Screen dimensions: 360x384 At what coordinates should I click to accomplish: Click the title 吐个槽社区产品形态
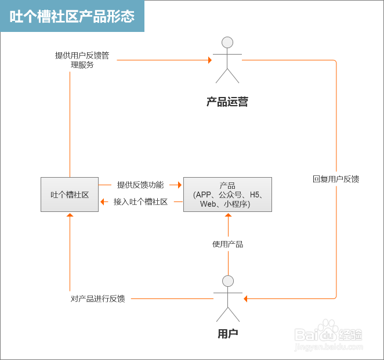(x=72, y=16)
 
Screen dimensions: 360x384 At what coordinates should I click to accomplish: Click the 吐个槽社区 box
(x=70, y=195)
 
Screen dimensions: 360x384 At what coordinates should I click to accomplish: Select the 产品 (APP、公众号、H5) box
(x=227, y=195)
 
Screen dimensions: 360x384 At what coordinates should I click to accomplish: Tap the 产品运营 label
(x=227, y=102)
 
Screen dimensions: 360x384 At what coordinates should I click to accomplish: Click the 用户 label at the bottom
(x=227, y=334)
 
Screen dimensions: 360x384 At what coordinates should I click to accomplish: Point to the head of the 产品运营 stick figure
(x=227, y=42)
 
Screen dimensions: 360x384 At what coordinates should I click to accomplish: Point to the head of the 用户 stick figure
(x=227, y=281)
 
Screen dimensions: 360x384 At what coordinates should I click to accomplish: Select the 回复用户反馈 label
(x=336, y=179)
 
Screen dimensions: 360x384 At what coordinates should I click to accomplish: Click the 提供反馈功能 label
(x=140, y=185)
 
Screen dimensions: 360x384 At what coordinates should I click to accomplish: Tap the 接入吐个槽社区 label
(x=140, y=202)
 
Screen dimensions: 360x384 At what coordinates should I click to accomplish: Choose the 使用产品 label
(x=227, y=244)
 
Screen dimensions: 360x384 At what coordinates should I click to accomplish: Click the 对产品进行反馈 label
(x=97, y=299)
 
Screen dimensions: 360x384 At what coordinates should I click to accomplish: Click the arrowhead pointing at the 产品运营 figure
(x=211, y=60)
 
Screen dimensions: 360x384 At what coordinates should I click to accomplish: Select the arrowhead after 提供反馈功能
(x=180, y=185)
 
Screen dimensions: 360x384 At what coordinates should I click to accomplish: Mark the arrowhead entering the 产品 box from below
(x=227, y=215)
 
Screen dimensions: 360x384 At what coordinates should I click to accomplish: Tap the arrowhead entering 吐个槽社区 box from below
(x=70, y=215)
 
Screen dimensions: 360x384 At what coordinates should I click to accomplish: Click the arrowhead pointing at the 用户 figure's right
(x=245, y=299)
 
